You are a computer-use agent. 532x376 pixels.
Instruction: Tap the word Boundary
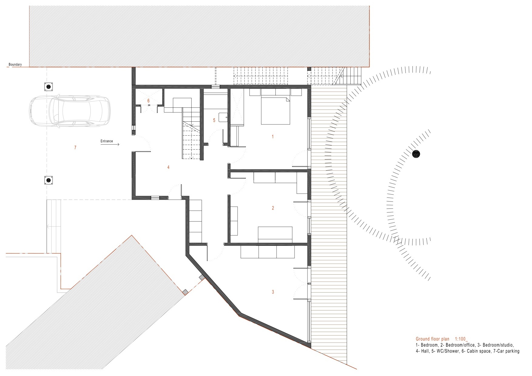coord(15,65)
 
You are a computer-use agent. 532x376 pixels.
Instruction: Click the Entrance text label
coord(106,141)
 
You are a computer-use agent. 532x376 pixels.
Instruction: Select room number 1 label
coord(273,137)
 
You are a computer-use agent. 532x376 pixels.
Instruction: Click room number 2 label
coord(273,208)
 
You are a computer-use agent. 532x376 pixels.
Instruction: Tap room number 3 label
coord(273,292)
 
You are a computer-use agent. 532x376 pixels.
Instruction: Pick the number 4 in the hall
coord(168,167)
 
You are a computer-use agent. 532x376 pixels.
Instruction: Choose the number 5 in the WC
coord(214,120)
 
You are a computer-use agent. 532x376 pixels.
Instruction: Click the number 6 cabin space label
coord(148,100)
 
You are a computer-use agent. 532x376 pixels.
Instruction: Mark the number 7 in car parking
coord(75,148)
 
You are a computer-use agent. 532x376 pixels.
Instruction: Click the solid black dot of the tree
coord(417,154)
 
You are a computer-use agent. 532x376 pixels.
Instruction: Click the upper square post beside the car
coord(48,87)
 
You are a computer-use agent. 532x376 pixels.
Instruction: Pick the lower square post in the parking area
coord(48,181)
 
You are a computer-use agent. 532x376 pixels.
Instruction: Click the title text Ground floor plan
coord(433,339)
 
